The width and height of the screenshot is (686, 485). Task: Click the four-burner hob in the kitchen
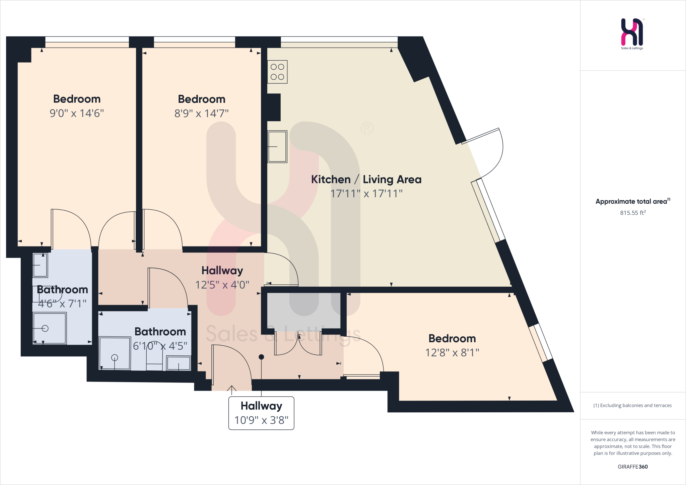pyautogui.click(x=277, y=72)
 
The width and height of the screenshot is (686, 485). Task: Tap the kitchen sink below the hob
pyautogui.click(x=277, y=147)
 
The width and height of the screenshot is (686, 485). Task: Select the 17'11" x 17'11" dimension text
pyautogui.click(x=366, y=194)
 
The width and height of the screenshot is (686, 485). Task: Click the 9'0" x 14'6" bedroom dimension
pyautogui.click(x=77, y=113)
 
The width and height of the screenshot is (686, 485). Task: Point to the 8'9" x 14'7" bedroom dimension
pyautogui.click(x=201, y=114)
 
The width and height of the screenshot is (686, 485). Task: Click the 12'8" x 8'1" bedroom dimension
pyautogui.click(x=452, y=353)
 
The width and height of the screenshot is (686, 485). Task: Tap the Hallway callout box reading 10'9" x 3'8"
pyautogui.click(x=261, y=413)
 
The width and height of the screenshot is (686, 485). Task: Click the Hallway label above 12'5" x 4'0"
pyautogui.click(x=222, y=270)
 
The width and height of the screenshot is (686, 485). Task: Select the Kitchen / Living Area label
pyautogui.click(x=366, y=180)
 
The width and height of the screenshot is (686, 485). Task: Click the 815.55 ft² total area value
pyautogui.click(x=632, y=213)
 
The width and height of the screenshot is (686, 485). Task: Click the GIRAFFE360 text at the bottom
pyautogui.click(x=632, y=467)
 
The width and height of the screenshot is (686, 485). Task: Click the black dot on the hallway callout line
pyautogui.click(x=261, y=357)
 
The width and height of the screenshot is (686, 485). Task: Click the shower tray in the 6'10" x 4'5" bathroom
pyautogui.click(x=115, y=353)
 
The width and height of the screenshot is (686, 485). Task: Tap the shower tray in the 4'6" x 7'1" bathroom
pyautogui.click(x=49, y=328)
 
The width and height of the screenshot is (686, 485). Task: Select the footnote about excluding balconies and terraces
pyautogui.click(x=632, y=405)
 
